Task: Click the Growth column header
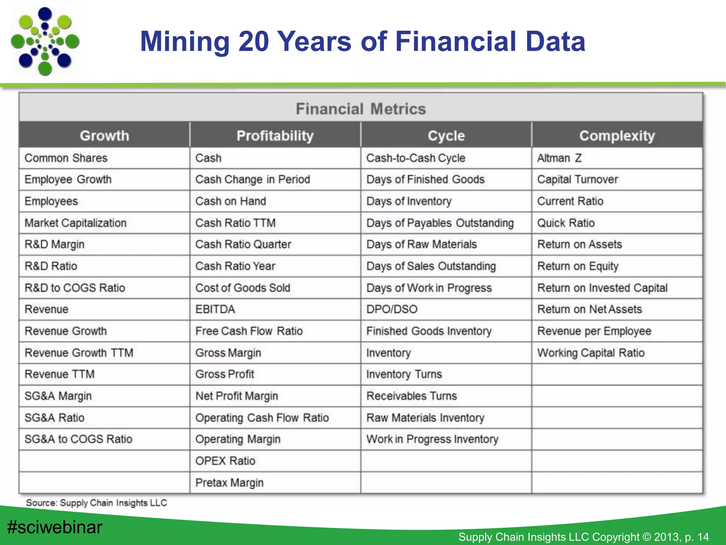104,136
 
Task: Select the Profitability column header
275,136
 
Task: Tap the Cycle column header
446,136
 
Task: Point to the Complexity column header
617,136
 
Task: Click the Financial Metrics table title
361,109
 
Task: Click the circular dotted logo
45,41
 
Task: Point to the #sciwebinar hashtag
55,527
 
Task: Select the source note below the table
96,503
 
